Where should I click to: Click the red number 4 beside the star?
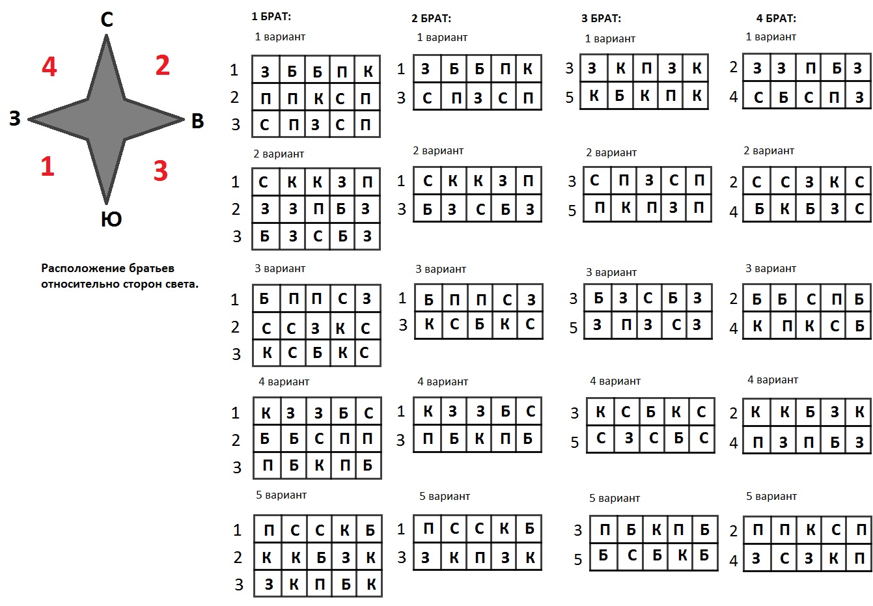point(49,66)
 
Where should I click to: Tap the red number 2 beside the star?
point(163,65)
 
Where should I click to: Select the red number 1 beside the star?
point(48,166)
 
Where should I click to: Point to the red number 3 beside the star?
point(161,171)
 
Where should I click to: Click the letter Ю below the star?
point(111,219)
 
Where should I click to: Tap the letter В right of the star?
point(198,121)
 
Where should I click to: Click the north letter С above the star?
point(107,19)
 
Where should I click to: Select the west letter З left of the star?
point(15,118)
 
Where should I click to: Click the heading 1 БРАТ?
point(271,16)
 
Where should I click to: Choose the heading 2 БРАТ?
point(432,18)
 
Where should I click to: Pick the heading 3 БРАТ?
point(602,18)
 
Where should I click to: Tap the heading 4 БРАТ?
point(777,18)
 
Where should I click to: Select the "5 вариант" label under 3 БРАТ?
point(615,498)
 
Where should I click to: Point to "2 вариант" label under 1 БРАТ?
point(279,154)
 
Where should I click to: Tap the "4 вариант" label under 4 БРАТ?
point(773,379)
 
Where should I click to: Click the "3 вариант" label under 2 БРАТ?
point(441,269)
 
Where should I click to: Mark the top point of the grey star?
point(106,35)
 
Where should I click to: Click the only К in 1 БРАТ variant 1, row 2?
point(318,98)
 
